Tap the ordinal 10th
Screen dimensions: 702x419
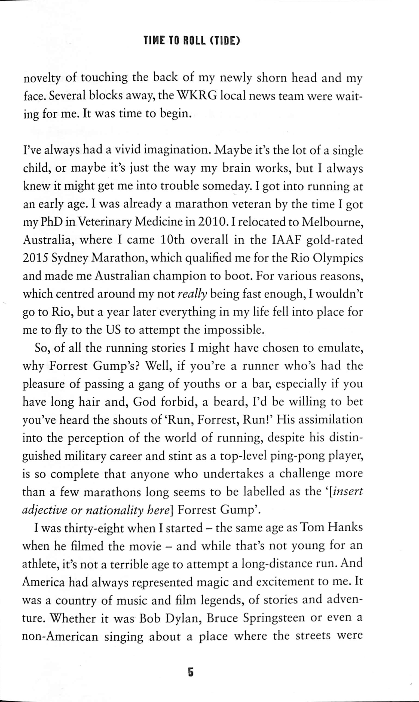click(x=172, y=240)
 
